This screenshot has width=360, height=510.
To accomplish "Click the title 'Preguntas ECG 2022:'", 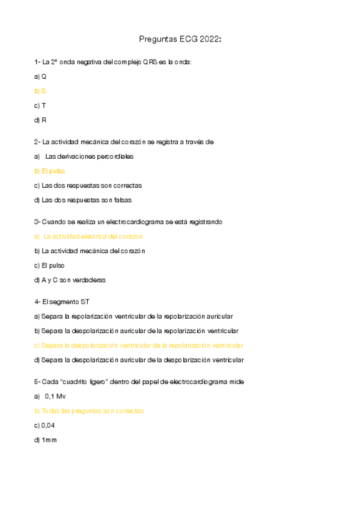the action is [180, 40].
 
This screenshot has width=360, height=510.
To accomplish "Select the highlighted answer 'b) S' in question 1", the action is [40, 91].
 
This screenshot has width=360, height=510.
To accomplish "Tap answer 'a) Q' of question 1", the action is [40, 76].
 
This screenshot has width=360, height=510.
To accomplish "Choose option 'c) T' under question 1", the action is [40, 105].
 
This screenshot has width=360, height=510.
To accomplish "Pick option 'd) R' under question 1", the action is [40, 120].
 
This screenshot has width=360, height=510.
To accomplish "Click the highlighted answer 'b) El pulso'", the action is [50, 171].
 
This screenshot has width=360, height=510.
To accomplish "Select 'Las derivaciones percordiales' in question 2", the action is [89, 156].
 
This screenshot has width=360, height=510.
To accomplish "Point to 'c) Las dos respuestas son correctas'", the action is [88, 185].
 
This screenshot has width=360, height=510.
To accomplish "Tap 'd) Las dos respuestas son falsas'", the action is [83, 200].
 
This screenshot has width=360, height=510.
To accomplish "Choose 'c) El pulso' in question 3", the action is [50, 265].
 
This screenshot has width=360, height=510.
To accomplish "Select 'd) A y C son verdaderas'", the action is [70, 280].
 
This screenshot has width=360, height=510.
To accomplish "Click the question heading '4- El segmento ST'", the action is [62, 302].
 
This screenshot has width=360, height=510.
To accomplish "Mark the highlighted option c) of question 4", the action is [139, 345].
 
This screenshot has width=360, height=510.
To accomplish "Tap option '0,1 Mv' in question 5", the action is [55, 396].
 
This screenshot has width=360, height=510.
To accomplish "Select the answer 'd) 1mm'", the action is [45, 440].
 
